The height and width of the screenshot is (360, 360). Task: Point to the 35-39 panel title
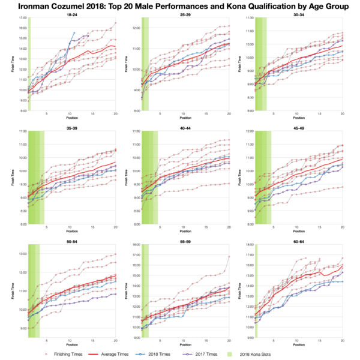pos(73,127)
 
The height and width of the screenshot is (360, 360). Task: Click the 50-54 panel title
pos(73,241)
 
